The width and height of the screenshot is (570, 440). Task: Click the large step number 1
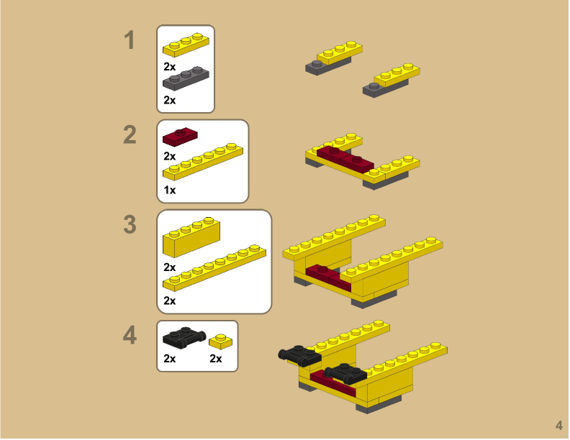pyautogui.click(x=130, y=40)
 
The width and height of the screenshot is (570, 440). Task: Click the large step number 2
pyautogui.click(x=130, y=134)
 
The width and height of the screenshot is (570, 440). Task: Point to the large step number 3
pyautogui.click(x=130, y=224)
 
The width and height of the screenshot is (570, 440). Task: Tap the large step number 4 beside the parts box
pyautogui.click(x=130, y=335)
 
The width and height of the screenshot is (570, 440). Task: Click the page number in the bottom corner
pyautogui.click(x=559, y=425)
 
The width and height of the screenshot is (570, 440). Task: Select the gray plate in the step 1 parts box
pyautogui.click(x=186, y=78)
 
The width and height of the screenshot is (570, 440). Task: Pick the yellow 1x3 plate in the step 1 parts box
pyautogui.click(x=186, y=45)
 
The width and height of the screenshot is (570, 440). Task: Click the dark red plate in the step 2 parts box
pyautogui.click(x=180, y=137)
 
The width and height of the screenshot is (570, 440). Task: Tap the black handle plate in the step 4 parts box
pyautogui.click(x=184, y=336)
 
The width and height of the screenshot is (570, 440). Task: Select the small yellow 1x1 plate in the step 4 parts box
pyautogui.click(x=221, y=342)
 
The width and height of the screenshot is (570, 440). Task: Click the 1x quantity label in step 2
pyautogui.click(x=170, y=190)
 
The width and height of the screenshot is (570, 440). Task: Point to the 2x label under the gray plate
pyautogui.click(x=170, y=100)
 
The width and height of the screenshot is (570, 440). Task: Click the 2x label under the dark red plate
pyautogui.click(x=170, y=156)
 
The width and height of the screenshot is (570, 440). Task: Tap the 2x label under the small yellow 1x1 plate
pyautogui.click(x=216, y=359)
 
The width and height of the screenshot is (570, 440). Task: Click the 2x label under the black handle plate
pyautogui.click(x=170, y=359)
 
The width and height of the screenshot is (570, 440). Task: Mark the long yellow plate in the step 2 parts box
pyautogui.click(x=203, y=162)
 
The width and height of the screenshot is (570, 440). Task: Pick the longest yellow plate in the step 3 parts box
pyautogui.click(x=214, y=268)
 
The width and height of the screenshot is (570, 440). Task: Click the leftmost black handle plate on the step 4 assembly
pyautogui.click(x=299, y=354)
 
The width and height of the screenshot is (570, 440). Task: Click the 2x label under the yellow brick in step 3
pyautogui.click(x=170, y=267)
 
